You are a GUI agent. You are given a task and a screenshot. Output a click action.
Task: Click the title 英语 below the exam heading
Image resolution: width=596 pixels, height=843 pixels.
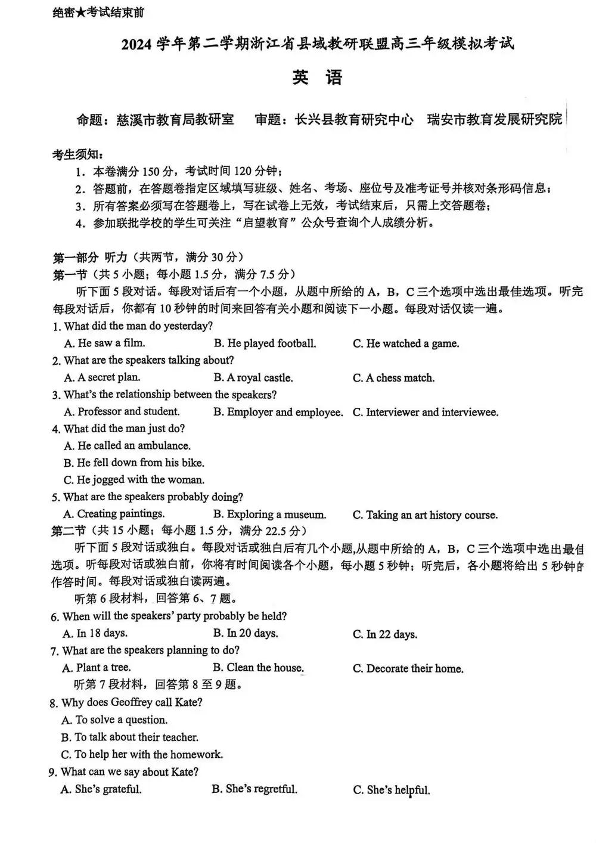click(x=318, y=78)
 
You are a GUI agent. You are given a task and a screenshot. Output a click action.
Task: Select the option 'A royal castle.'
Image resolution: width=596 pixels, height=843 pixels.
click(x=253, y=378)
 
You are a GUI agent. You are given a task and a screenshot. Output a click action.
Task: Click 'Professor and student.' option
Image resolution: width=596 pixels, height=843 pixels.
click(x=122, y=411)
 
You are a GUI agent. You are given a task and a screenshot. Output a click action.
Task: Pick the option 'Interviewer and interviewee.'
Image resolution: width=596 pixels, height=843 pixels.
click(x=426, y=412)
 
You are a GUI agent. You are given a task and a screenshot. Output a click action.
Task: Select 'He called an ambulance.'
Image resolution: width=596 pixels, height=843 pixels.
click(x=128, y=445)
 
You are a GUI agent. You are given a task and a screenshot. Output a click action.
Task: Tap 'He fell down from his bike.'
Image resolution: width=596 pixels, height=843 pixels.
click(x=134, y=463)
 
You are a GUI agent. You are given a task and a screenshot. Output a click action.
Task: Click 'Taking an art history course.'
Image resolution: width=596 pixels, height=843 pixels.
click(x=425, y=515)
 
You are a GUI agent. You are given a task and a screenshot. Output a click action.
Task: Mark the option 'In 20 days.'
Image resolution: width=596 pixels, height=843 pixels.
click(x=246, y=633)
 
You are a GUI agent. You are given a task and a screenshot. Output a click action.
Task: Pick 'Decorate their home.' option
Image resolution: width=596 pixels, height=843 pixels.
click(x=408, y=669)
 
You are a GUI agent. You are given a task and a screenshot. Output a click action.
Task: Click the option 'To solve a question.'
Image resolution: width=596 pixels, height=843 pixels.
click(x=114, y=720)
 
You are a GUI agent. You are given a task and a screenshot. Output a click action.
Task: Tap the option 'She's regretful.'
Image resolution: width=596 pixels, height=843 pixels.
click(x=254, y=789)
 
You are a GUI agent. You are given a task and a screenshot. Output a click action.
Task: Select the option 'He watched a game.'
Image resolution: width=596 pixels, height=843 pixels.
click(x=406, y=343)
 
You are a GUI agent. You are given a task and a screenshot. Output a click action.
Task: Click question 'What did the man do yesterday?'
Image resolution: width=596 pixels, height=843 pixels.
click(x=138, y=326)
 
